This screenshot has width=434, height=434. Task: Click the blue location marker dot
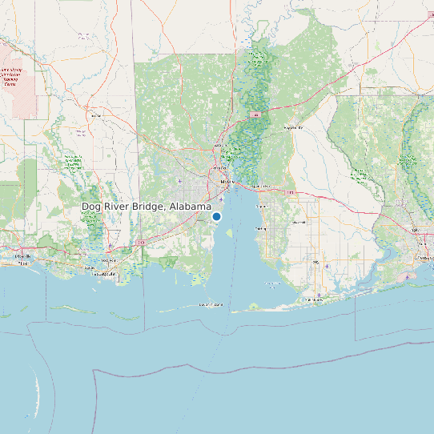tap(216, 216)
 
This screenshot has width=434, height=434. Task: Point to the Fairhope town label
tap(259, 228)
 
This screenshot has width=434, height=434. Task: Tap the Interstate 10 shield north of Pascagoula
tap(141, 241)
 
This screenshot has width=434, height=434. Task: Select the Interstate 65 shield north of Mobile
tap(255, 115)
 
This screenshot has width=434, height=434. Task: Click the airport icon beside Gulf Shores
tap(319, 295)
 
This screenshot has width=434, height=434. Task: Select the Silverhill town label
tap(299, 222)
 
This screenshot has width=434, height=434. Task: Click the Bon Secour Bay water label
tap(264, 282)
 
